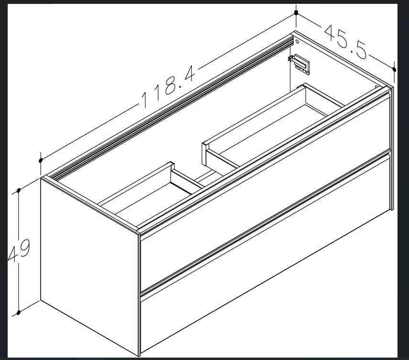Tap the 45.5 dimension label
346,42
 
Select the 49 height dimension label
20,250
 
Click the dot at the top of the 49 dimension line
19,190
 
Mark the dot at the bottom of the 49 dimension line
18,313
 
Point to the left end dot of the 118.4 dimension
41,160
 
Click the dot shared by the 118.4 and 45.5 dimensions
296,12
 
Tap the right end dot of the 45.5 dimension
394,69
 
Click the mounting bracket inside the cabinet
300,64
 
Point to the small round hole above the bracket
297,42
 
